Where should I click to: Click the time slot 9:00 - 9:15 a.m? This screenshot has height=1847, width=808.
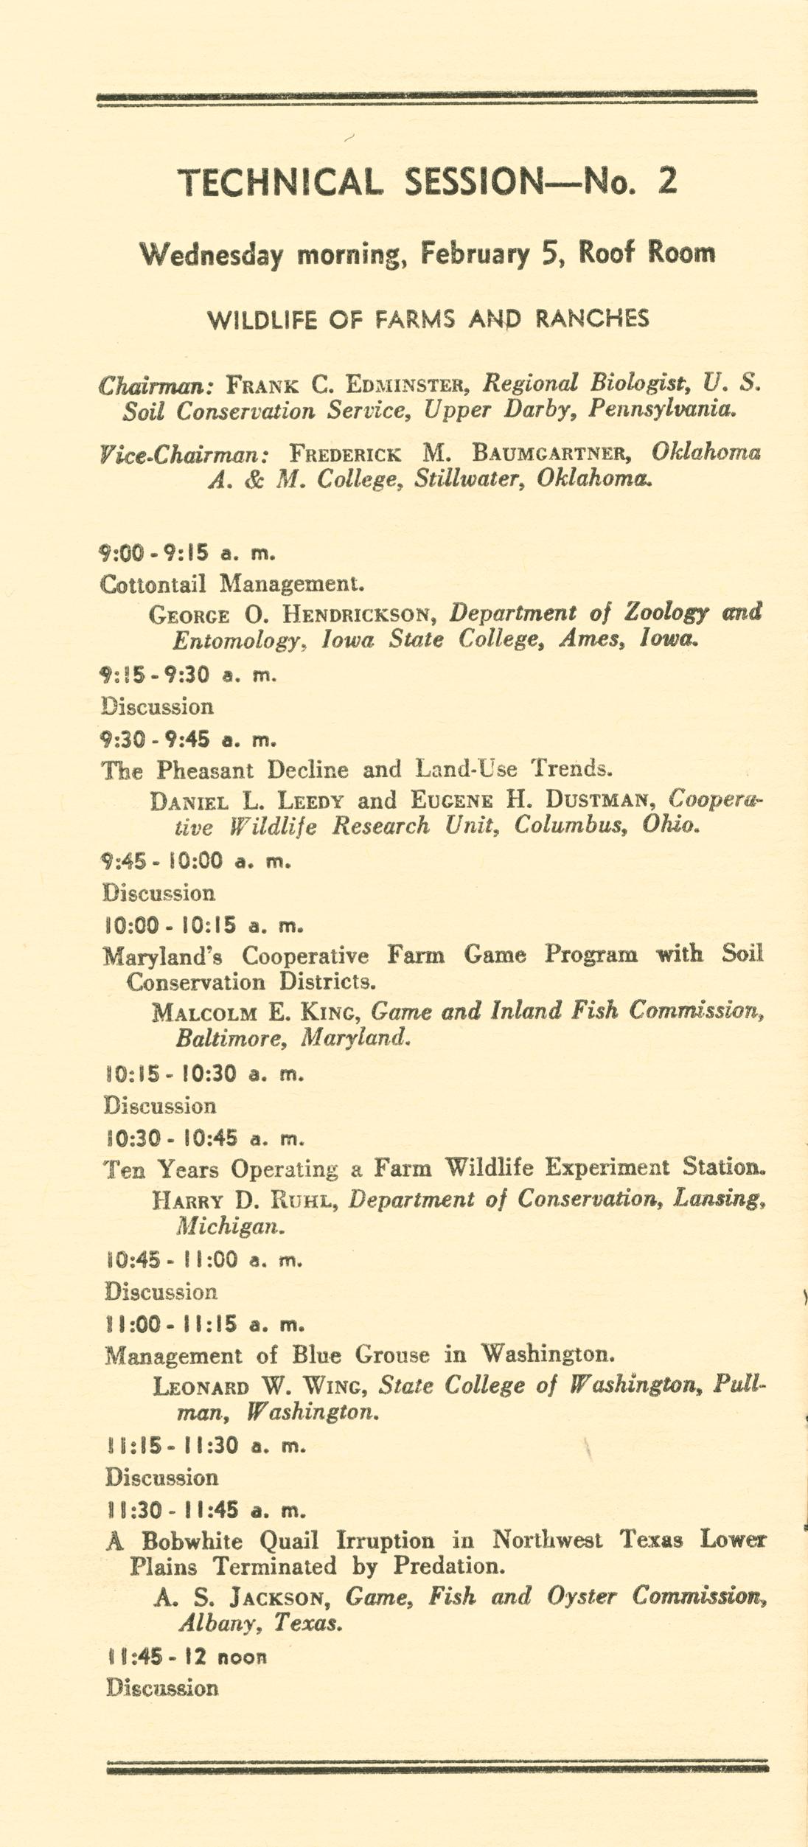click(x=187, y=552)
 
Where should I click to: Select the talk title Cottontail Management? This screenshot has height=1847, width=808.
click(x=231, y=584)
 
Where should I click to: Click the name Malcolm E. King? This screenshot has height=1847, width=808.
click(x=256, y=1011)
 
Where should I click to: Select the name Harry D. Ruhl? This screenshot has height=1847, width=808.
click(x=245, y=1200)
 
